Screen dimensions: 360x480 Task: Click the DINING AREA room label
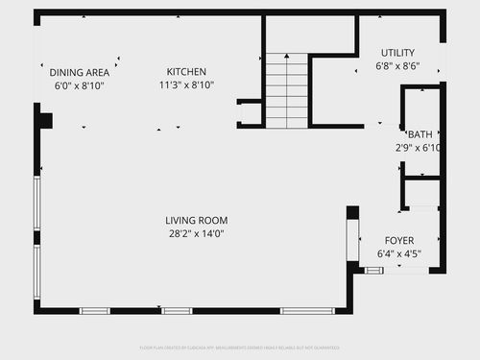tap(80, 72)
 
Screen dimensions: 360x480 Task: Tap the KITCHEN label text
tap(186, 72)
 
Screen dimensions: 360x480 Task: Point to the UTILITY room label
tap(399, 53)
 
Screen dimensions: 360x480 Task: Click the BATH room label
tap(420, 134)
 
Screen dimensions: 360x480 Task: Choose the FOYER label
tap(399, 241)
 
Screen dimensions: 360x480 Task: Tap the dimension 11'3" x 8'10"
tap(186, 85)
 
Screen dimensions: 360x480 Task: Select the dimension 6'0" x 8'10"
tap(80, 85)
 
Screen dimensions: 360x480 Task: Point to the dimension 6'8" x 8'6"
tap(399, 66)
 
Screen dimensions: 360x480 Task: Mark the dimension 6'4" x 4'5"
tap(399, 254)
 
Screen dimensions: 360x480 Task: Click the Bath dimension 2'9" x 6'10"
tap(419, 148)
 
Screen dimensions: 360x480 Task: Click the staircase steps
tap(286, 90)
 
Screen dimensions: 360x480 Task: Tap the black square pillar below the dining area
tap(45, 121)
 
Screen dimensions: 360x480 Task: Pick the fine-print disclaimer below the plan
tap(240, 348)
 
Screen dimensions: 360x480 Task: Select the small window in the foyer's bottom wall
tap(373, 271)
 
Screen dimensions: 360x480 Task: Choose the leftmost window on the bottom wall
tap(94, 311)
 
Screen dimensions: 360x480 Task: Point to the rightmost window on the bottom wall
tap(307, 311)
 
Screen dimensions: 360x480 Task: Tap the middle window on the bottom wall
tap(177, 311)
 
